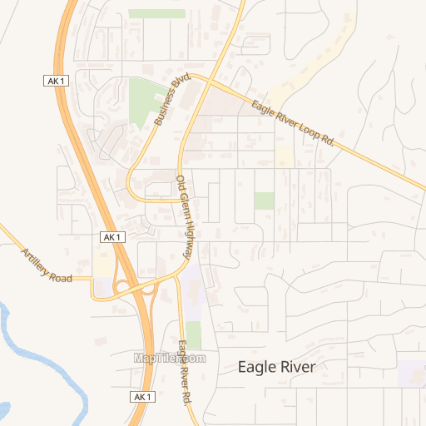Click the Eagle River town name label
click(276, 367)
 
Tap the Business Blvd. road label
click(172, 100)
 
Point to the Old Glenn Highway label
click(189, 217)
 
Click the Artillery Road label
click(47, 265)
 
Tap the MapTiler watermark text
click(170, 358)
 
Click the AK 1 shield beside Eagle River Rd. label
click(142, 397)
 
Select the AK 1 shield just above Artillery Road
click(112, 237)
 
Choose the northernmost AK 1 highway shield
click(54, 80)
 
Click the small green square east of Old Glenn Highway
click(265, 201)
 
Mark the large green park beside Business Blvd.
click(146, 100)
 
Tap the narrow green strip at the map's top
click(156, 13)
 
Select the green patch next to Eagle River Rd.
click(193, 334)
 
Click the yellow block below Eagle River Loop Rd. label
click(285, 156)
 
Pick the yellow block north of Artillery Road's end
click(102, 264)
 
